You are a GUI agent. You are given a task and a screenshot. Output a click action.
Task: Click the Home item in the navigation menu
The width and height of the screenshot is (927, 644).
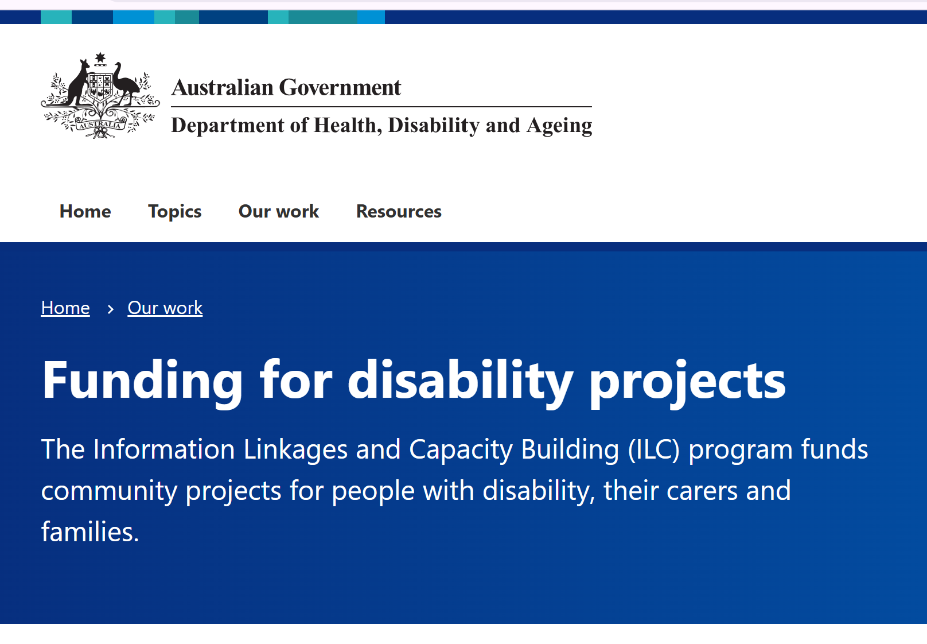[x=85, y=212]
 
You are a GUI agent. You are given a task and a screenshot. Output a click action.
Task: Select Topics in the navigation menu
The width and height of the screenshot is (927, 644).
[x=174, y=212]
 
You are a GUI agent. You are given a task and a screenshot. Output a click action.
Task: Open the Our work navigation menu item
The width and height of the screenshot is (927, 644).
[x=278, y=212]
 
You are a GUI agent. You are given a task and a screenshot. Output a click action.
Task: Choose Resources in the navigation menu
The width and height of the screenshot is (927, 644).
[x=399, y=212]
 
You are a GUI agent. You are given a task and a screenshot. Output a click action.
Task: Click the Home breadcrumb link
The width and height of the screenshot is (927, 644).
[x=65, y=308]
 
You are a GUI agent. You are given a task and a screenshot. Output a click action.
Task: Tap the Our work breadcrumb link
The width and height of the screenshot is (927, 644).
[x=165, y=308]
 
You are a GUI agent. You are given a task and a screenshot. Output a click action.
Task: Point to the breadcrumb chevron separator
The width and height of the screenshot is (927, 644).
[x=110, y=309]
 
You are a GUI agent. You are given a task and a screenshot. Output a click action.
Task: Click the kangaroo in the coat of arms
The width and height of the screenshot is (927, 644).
[x=77, y=83]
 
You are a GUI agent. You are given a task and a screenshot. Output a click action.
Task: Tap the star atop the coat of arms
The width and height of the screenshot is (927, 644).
[x=100, y=57]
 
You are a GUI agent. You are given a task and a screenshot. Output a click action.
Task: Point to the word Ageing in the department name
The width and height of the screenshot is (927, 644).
[x=559, y=126]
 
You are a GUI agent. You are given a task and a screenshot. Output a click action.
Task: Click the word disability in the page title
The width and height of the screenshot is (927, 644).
[x=460, y=381]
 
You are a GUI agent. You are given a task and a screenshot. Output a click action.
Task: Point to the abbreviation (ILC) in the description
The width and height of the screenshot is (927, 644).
[x=654, y=449]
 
